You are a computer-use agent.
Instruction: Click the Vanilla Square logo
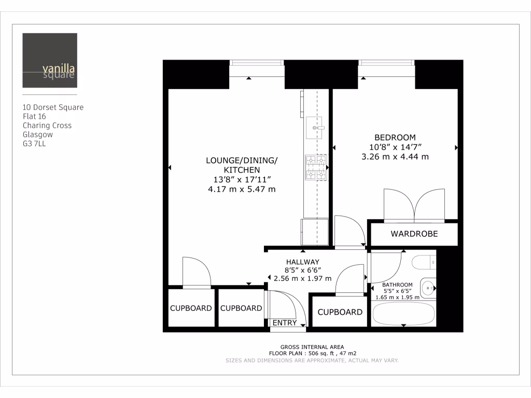(50, 61)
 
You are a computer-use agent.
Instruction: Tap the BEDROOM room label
(395, 137)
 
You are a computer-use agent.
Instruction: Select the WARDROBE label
(414, 234)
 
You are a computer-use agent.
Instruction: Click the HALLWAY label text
(302, 262)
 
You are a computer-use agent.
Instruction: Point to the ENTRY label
(285, 323)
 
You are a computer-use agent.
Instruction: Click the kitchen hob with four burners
(316, 168)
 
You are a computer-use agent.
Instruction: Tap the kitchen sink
(315, 127)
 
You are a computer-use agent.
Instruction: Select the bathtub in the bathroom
(403, 314)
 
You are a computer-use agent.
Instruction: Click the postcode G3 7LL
(34, 144)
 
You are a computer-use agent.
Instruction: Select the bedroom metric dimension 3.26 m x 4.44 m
(395, 156)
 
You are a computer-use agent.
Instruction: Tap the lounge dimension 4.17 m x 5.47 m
(242, 189)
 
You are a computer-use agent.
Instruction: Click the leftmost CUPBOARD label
(191, 308)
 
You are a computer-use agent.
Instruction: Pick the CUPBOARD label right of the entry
(340, 312)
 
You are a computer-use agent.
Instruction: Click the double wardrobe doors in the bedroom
(414, 205)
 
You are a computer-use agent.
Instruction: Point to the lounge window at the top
(257, 63)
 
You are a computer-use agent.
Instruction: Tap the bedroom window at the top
(386, 63)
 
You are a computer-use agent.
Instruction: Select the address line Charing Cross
(47, 125)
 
